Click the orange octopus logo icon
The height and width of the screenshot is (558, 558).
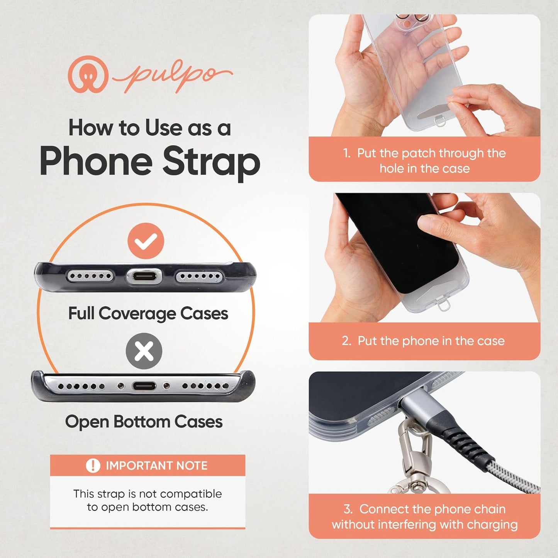pos(88,74)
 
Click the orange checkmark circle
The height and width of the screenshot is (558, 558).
pos(146,241)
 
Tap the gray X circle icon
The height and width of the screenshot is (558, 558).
pos(144,351)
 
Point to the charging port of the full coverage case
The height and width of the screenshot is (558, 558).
pos(144,276)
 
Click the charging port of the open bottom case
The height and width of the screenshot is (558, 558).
pos(144,386)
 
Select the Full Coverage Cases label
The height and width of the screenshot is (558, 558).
pos(148,314)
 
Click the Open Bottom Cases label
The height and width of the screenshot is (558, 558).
pos(144,422)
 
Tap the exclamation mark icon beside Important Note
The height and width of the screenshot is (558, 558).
pos(93,466)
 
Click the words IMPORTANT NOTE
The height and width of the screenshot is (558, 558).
pos(156,466)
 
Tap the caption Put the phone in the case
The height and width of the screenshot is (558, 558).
pos(431,341)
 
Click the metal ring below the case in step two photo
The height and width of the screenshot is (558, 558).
pos(444,306)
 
